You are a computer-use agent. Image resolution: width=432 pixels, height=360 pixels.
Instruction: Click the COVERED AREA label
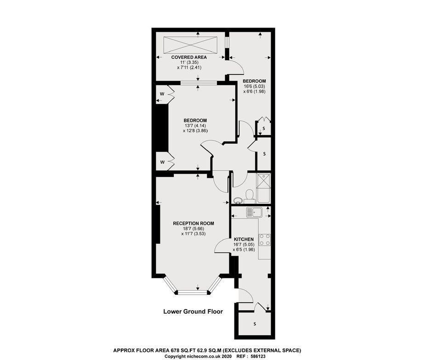pyautogui.click(x=189, y=57)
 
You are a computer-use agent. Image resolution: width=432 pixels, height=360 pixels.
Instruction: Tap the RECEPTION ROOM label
pyautogui.click(x=193, y=224)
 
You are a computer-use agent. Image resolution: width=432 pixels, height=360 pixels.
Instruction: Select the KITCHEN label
pyautogui.click(x=244, y=239)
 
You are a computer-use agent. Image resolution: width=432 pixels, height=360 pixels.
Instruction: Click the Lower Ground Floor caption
pyautogui.click(x=193, y=312)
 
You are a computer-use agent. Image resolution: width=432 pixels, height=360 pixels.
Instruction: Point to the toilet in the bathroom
pyautogui.click(x=250, y=195)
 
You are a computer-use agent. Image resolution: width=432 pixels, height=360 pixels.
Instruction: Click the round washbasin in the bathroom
pyautogui.click(x=238, y=200)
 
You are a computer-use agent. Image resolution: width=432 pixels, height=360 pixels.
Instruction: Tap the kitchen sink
pyautogui.click(x=254, y=212)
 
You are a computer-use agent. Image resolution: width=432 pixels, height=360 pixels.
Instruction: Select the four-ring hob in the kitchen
pyautogui.click(x=265, y=239)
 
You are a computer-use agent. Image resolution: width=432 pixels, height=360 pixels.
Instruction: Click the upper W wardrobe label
pyautogui.click(x=162, y=94)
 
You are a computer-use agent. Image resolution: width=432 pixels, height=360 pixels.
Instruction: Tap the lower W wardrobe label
pyautogui.click(x=162, y=163)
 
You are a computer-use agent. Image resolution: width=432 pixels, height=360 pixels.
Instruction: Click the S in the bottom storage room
pyautogui.click(x=255, y=324)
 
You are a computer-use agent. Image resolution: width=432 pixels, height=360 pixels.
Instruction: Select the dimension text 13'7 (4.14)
pyautogui.click(x=195, y=125)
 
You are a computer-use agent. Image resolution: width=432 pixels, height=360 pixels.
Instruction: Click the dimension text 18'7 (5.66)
pyautogui.click(x=193, y=228)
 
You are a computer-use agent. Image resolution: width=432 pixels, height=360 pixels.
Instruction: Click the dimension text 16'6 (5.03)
pyautogui.click(x=254, y=86)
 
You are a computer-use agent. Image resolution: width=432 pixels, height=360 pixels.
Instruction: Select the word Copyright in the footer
pyautogui.click(x=175, y=356)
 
